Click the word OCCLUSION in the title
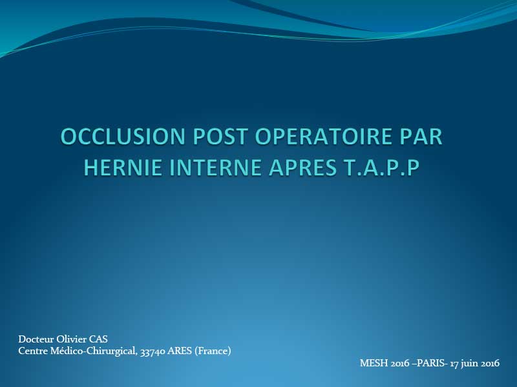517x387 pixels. [123, 136]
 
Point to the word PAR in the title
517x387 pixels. [421, 136]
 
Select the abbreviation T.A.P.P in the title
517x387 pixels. [378, 167]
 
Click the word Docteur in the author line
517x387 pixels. [36, 339]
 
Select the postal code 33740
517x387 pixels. [153, 352]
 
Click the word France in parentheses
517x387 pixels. [213, 351]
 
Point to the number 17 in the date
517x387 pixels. [454, 363]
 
